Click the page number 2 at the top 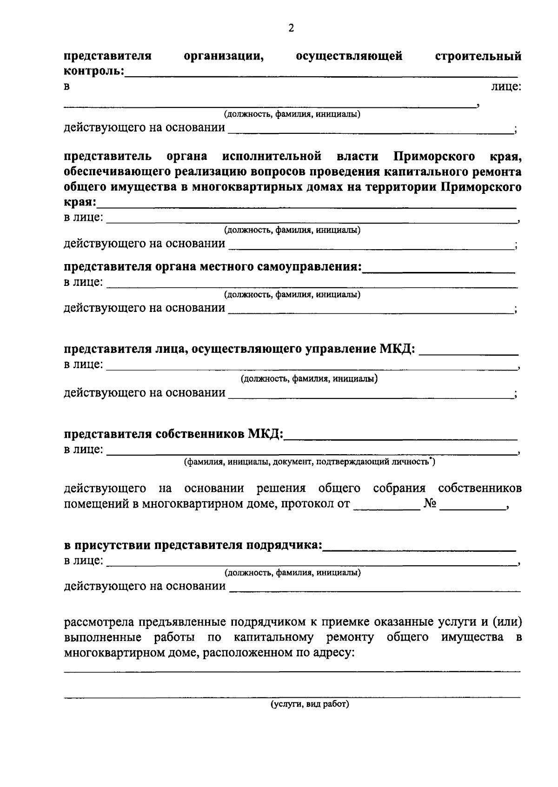click(x=291, y=28)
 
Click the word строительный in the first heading click(x=478, y=57)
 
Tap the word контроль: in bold click(x=94, y=72)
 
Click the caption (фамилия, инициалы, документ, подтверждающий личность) click(x=309, y=462)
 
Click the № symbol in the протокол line click(x=429, y=503)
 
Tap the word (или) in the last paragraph click(x=506, y=622)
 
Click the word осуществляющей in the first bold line click(x=349, y=57)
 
